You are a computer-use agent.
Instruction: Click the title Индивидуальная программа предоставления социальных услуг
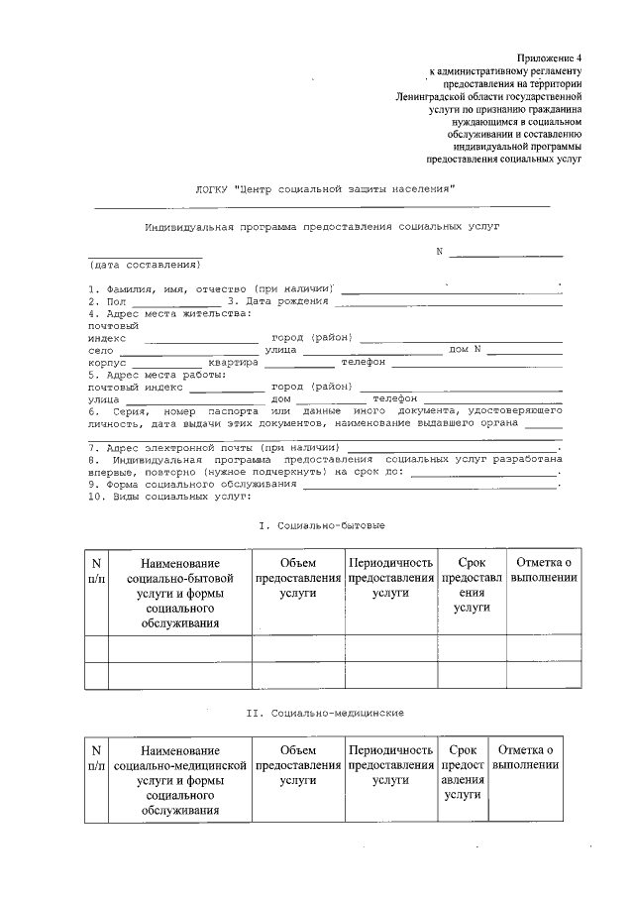click(322, 226)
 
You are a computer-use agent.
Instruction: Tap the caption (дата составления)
click(145, 266)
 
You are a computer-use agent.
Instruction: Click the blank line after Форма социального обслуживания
click(431, 487)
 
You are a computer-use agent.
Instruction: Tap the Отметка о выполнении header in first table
click(541, 570)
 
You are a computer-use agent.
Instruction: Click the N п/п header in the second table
click(97, 758)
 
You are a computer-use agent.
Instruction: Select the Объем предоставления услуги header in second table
click(298, 765)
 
